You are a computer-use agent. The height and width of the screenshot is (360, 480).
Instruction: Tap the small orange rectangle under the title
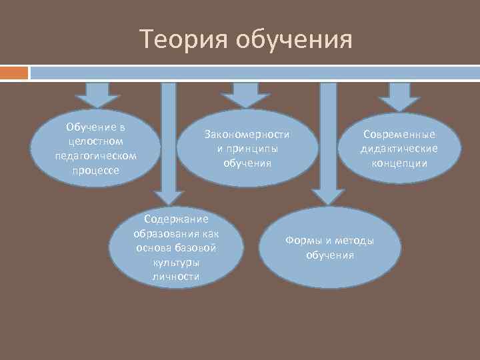[x=14, y=72]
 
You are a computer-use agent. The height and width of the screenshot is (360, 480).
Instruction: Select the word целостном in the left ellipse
[x=95, y=141]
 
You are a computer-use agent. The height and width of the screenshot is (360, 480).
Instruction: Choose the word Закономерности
[x=247, y=134]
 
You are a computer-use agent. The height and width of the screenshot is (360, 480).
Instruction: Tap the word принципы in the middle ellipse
[x=251, y=148]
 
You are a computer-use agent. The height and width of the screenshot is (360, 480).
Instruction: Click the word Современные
[x=399, y=134]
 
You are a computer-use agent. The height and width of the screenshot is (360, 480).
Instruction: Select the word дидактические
[x=399, y=148]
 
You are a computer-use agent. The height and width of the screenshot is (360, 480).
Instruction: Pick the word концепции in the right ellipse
[x=399, y=163]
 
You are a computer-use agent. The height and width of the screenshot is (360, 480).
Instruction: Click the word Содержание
[x=177, y=219]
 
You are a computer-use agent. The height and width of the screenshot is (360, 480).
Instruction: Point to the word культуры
[x=177, y=263]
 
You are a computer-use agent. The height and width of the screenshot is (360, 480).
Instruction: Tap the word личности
[x=177, y=277]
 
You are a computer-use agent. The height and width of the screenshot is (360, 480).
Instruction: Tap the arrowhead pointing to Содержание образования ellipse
[x=169, y=196]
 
